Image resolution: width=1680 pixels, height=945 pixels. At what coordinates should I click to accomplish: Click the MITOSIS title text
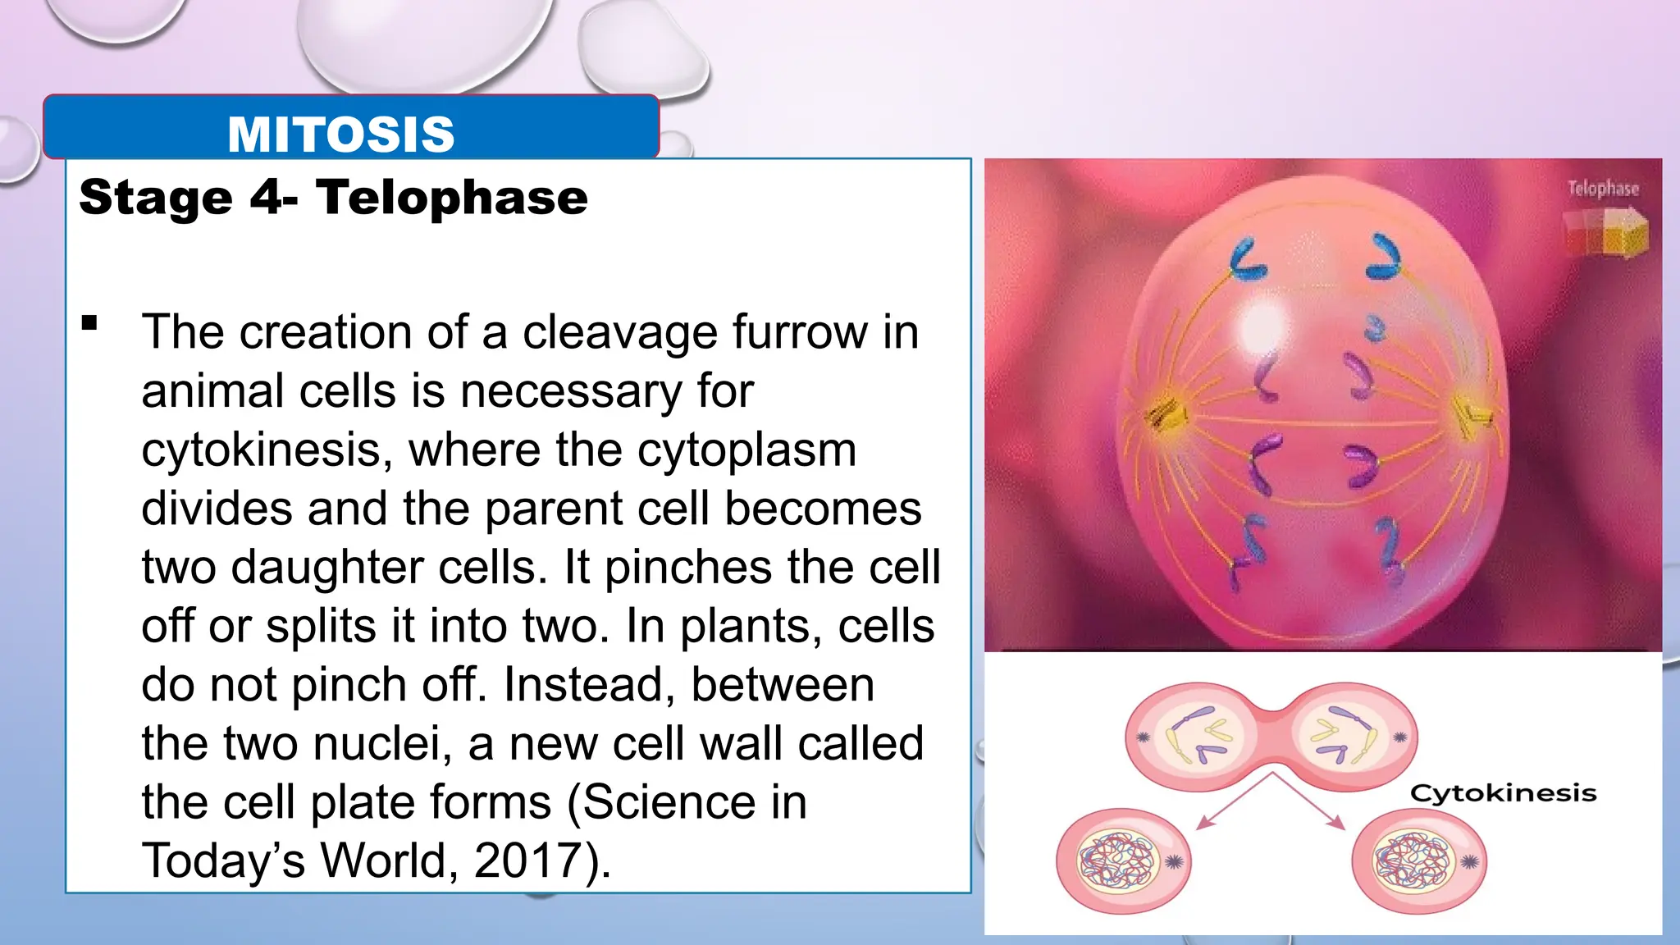pyautogui.click(x=341, y=134)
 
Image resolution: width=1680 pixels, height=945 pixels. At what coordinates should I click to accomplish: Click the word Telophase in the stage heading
pyautogui.click(x=452, y=198)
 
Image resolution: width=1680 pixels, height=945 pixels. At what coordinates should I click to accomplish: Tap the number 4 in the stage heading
pyautogui.click(x=267, y=198)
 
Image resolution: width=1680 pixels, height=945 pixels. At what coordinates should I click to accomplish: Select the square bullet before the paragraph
pyautogui.click(x=89, y=322)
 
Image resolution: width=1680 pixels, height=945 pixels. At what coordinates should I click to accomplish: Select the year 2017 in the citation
pyautogui.click(x=527, y=861)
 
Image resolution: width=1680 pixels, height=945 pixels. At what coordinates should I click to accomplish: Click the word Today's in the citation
pyautogui.click(x=223, y=861)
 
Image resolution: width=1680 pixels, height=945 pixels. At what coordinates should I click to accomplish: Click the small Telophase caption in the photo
pyautogui.click(x=1603, y=189)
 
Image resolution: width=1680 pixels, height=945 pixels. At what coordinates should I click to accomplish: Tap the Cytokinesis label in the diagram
pyautogui.click(x=1503, y=793)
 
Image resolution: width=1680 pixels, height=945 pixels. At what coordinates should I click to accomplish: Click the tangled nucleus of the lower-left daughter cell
pyautogui.click(x=1116, y=861)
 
